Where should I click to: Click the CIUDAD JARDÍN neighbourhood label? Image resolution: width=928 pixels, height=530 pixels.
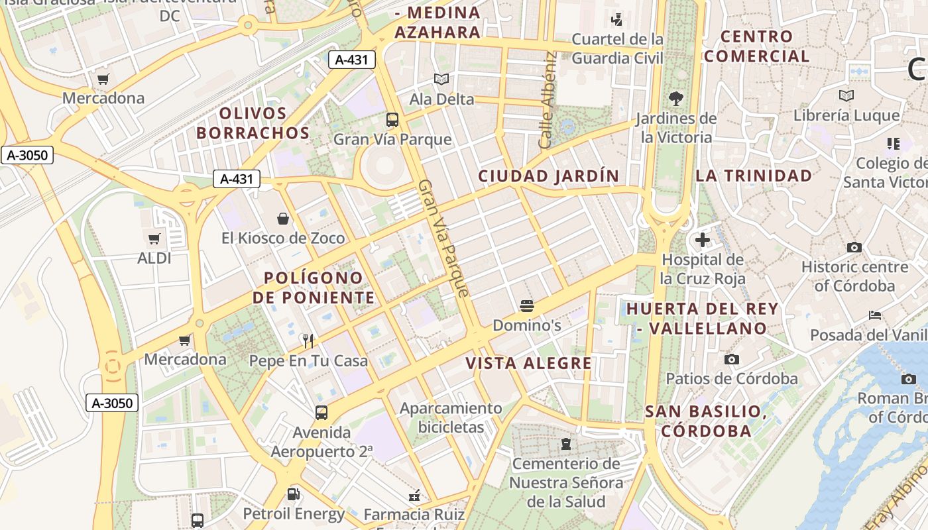(x=548, y=176)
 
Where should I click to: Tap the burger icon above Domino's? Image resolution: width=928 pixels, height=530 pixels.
(x=527, y=305)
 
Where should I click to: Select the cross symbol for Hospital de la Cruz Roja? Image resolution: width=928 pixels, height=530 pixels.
(x=703, y=240)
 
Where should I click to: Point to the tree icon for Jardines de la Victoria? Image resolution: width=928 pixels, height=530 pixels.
(x=676, y=99)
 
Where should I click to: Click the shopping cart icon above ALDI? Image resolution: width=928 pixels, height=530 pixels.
(x=154, y=238)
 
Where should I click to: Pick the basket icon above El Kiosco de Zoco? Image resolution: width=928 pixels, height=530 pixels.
(x=283, y=219)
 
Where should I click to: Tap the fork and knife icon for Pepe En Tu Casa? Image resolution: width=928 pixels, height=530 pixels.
(x=308, y=341)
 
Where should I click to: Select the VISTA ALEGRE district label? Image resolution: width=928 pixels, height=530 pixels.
(x=528, y=363)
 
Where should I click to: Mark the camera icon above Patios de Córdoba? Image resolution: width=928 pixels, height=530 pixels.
(x=732, y=359)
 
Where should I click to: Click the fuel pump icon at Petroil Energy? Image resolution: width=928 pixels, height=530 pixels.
(x=293, y=494)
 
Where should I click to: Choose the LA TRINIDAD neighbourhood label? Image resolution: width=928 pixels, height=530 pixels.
(x=753, y=176)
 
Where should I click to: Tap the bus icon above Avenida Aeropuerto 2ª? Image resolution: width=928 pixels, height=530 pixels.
(x=321, y=413)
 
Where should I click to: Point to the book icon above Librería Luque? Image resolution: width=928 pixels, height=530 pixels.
(x=846, y=96)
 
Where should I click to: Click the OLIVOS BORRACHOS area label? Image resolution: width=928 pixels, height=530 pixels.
(x=253, y=123)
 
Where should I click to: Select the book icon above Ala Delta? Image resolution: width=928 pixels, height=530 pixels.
(x=441, y=79)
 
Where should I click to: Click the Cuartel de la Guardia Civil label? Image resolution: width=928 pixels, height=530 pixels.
(x=617, y=48)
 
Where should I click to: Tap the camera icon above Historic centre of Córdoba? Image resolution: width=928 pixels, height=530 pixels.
(x=854, y=247)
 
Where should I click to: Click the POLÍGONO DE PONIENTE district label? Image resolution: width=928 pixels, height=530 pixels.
(x=314, y=288)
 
